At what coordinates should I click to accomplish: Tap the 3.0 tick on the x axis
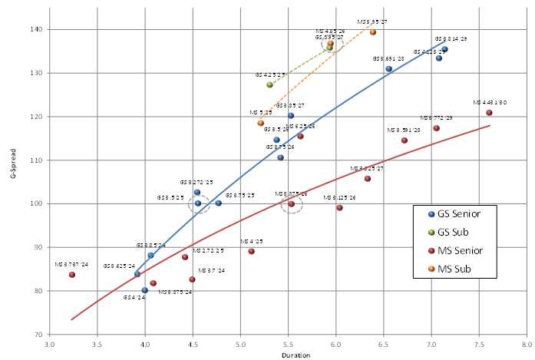[50, 344]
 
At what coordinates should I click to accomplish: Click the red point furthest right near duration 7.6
[489, 113]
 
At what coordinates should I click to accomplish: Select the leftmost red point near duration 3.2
[72, 275]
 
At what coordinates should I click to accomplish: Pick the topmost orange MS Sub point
[373, 32]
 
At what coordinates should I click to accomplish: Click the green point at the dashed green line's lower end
[269, 84]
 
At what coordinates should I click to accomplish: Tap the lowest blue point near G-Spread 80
[144, 290]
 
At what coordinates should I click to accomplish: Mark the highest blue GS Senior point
[444, 49]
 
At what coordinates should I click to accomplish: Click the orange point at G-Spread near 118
[260, 123]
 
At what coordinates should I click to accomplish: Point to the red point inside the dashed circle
[291, 204]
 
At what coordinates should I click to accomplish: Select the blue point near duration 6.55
[389, 69]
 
